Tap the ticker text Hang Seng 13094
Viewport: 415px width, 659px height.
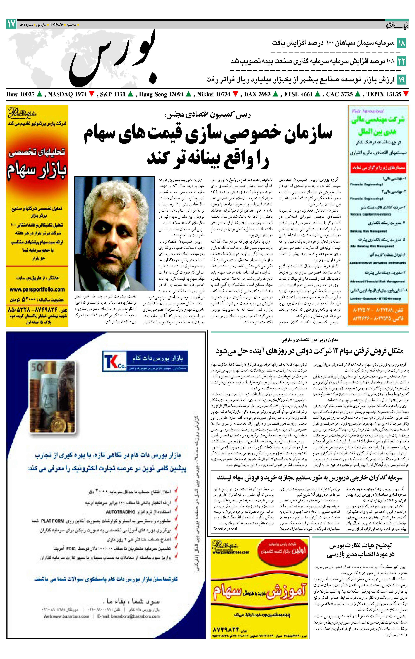pyautogui.click(x=161, y=94)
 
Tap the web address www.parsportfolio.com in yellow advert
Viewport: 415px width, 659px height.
pyautogui.click(x=37, y=289)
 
